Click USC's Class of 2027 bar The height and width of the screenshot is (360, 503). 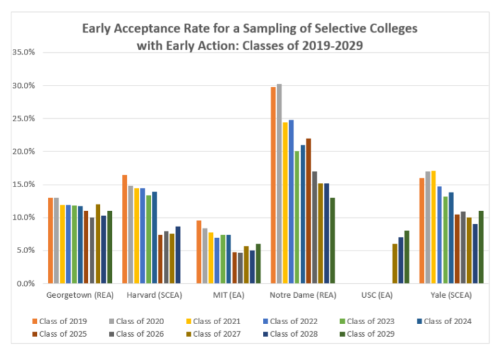[395, 264]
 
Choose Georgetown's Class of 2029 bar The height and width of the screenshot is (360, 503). [109, 247]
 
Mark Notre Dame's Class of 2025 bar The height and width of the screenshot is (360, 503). [309, 210]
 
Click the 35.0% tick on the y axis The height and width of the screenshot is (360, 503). [24, 52]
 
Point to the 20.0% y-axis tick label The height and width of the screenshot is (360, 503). [24, 151]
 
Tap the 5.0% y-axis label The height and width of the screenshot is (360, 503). [26, 251]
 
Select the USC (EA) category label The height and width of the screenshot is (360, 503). [377, 295]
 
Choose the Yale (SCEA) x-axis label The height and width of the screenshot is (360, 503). [451, 295]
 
